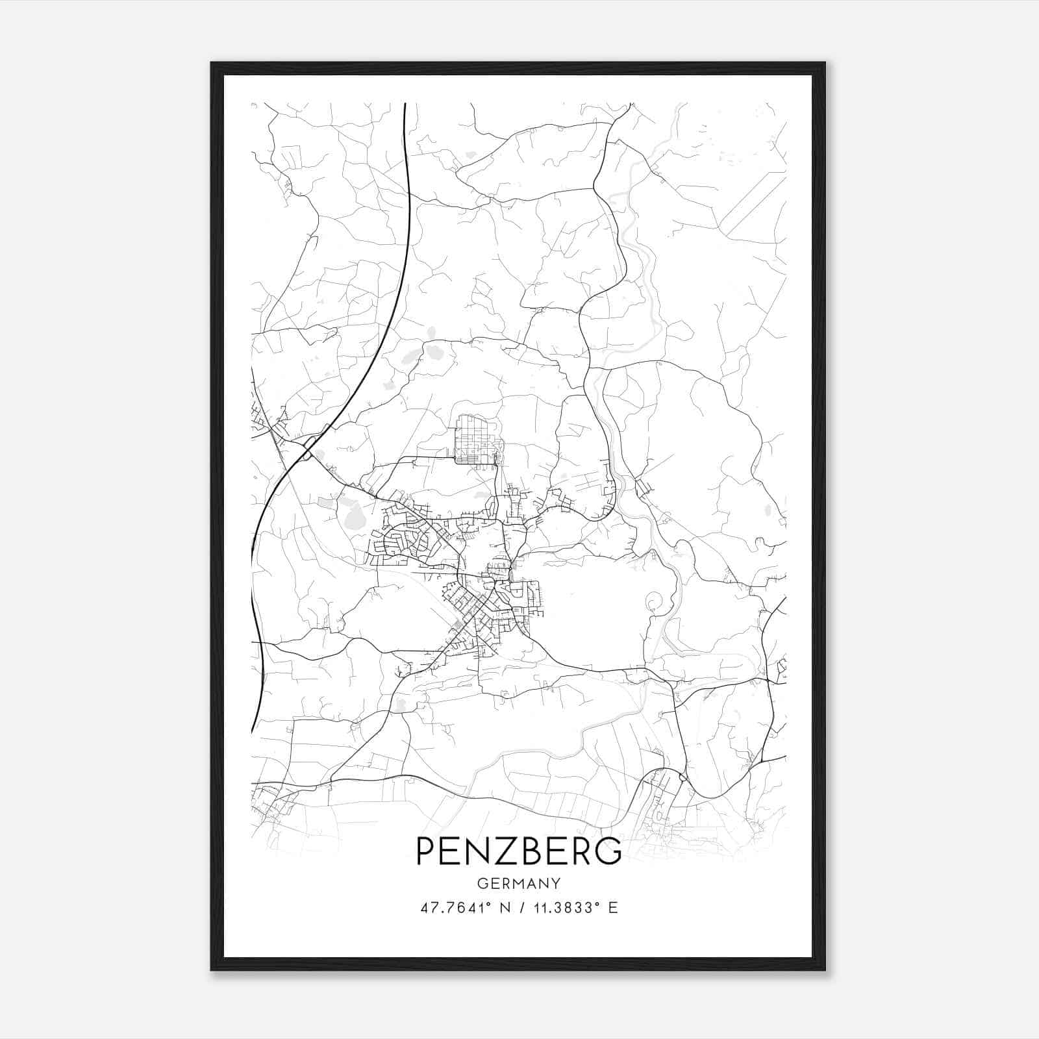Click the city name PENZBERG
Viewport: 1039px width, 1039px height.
click(x=518, y=851)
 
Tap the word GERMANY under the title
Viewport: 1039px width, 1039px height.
click(x=518, y=884)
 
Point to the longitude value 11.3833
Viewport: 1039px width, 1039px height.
click(x=562, y=908)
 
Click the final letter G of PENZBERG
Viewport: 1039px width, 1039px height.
click(x=608, y=851)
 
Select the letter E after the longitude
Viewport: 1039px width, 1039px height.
click(x=612, y=908)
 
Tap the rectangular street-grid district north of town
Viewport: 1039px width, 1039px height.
click(x=477, y=439)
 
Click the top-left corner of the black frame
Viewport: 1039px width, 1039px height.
click(x=212, y=63)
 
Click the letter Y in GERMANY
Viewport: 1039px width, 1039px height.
click(x=556, y=884)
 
